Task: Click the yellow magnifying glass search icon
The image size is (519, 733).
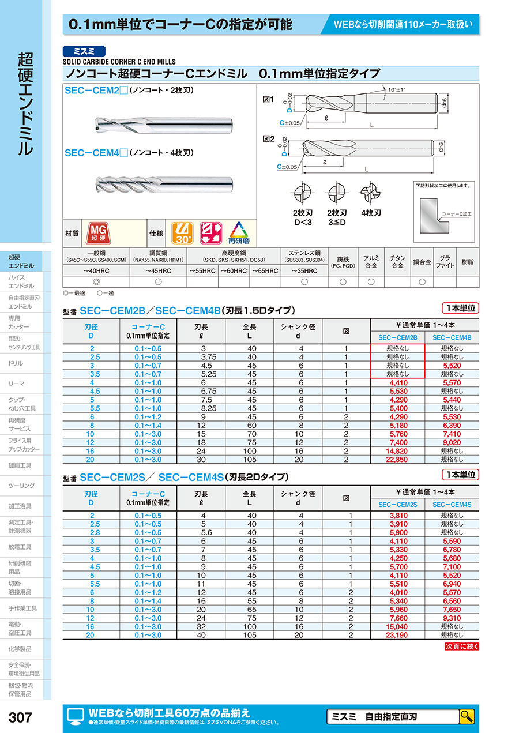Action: [x=467, y=717]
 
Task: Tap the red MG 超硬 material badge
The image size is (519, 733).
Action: [x=96, y=234]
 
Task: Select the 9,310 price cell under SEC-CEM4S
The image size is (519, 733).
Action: [x=452, y=618]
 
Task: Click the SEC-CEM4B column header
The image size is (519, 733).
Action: [x=452, y=337]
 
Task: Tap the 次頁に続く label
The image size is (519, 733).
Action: [x=461, y=646]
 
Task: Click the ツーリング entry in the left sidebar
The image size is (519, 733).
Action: [x=22, y=486]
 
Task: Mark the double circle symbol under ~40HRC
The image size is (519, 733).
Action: [x=96, y=281]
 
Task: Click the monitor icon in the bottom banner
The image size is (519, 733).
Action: [x=76, y=716]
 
